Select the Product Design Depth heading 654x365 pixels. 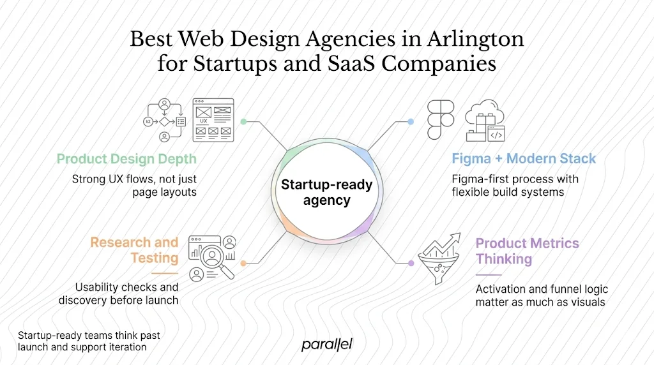click(x=126, y=159)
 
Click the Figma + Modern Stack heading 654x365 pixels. click(x=524, y=159)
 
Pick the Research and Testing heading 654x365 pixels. click(x=134, y=250)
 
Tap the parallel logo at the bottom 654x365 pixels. click(x=326, y=345)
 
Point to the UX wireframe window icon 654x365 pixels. click(x=213, y=119)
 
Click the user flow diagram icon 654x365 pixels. click(x=164, y=120)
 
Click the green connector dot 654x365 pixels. click(x=243, y=121)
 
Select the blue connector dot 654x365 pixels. click(x=411, y=121)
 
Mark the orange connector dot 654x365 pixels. click(x=243, y=263)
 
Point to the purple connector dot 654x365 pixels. click(x=411, y=263)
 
